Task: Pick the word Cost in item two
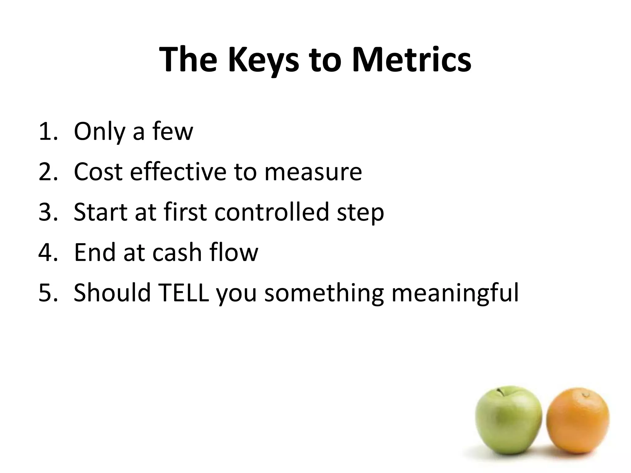pyautogui.click(x=98, y=172)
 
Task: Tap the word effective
pyautogui.click(x=178, y=172)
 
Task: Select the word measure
pyautogui.click(x=313, y=172)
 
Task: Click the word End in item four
pyautogui.click(x=94, y=252)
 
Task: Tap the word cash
pyautogui.click(x=177, y=252)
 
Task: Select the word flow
pyautogui.click(x=234, y=252)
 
